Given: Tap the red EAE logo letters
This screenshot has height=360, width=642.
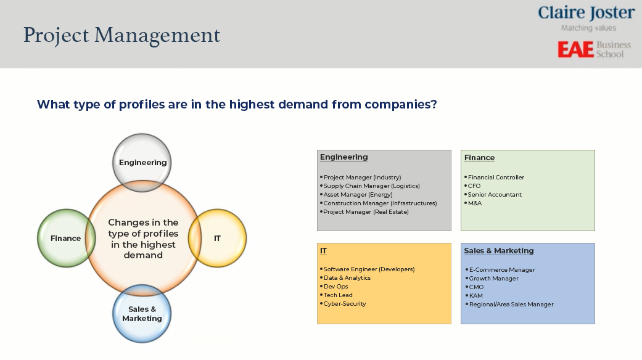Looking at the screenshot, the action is (575, 49).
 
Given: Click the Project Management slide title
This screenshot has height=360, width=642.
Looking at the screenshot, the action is (121, 36).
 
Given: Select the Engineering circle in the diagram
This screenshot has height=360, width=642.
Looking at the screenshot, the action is (142, 162).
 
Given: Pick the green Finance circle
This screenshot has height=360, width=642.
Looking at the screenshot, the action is (66, 238).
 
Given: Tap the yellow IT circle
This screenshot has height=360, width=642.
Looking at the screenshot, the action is (218, 238).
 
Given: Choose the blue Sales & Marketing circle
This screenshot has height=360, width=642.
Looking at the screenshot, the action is (142, 314).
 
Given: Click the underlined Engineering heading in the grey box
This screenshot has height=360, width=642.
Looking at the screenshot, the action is (344, 158).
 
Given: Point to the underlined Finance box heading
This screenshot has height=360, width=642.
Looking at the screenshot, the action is (479, 158).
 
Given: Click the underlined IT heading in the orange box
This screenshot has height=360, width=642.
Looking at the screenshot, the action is (323, 251).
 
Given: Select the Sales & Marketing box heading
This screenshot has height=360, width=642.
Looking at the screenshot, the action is (499, 251).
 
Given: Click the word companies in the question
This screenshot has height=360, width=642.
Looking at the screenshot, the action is (401, 105).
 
